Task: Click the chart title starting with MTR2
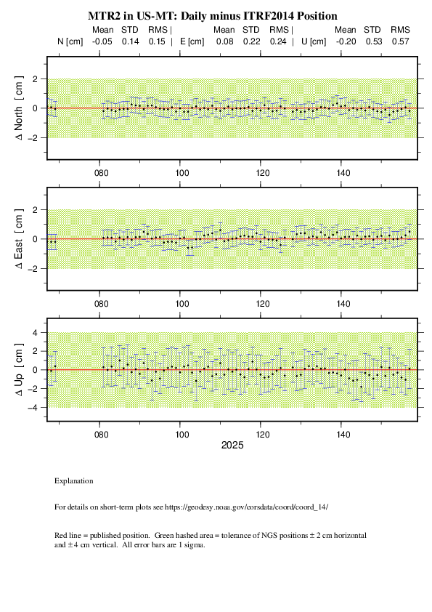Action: point(213,16)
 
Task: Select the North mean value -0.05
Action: point(102,41)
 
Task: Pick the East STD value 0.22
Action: point(251,41)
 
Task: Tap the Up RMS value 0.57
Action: point(401,41)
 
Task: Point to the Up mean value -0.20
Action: point(346,41)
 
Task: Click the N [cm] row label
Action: point(70,41)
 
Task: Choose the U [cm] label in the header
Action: point(314,41)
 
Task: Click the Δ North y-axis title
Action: point(19,108)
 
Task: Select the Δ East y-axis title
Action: point(19,239)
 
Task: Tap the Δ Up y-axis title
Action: point(19,370)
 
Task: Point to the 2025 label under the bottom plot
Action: point(232,446)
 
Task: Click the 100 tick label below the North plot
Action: point(182,173)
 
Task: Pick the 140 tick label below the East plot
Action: point(343,304)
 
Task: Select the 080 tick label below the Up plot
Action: point(101,435)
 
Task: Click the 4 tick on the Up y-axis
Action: point(35,333)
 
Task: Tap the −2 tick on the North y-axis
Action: point(33,138)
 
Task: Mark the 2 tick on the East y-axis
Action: point(35,210)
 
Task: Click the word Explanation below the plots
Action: point(73,481)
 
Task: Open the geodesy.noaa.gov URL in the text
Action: point(246,507)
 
